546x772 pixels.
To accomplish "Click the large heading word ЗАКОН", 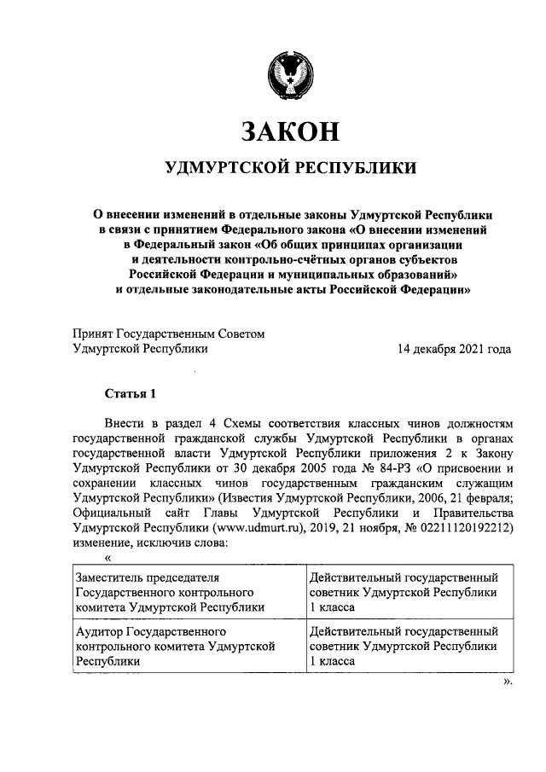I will (291, 132).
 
